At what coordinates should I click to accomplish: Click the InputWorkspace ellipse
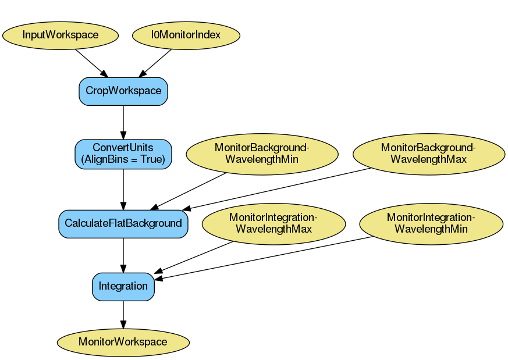coord(61,35)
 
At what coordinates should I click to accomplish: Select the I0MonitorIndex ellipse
coord(186,35)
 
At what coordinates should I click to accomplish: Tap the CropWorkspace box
coord(123,91)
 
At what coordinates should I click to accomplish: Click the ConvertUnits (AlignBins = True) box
coord(123,154)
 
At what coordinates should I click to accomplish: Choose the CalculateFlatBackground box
coord(123,223)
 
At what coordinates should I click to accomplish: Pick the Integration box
coord(123,286)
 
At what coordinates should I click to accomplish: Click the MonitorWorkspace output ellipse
coord(123,342)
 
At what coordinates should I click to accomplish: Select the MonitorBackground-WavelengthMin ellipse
coord(262,154)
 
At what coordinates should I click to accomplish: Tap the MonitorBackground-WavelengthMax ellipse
coord(428,154)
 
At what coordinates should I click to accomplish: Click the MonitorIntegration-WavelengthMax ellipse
coord(273,223)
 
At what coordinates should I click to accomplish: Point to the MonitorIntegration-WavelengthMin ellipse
coord(431,223)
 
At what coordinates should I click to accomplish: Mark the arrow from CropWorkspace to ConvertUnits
coord(123,122)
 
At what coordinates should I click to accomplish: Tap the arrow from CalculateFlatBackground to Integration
coord(123,255)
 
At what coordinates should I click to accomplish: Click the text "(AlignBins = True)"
coord(123,159)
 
